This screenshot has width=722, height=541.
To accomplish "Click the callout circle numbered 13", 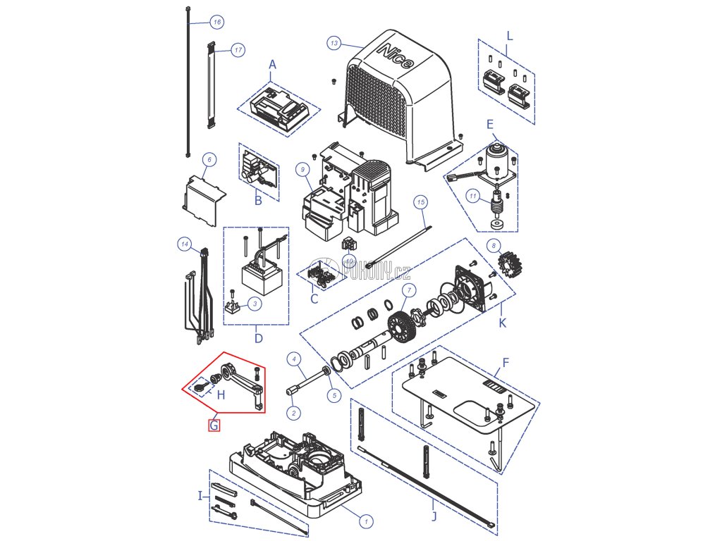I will tap(334, 44).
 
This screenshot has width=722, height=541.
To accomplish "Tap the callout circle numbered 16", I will tap(216, 23).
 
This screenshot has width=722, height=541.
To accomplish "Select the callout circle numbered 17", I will tap(238, 50).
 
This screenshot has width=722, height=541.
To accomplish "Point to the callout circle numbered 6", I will tap(208, 160).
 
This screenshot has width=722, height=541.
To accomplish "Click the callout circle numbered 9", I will tap(302, 169).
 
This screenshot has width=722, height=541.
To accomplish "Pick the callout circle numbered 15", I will tap(421, 202).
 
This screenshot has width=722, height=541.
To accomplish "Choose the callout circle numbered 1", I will tap(365, 521).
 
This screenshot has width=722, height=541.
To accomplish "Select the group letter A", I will tap(273, 65).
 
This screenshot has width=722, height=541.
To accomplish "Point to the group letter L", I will tap(510, 35).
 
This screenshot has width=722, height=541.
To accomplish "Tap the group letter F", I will tap(505, 364).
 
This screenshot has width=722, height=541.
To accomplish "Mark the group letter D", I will tap(259, 338).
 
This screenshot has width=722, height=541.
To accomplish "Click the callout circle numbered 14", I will tap(184, 245).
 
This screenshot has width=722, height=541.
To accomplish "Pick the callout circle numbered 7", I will tap(407, 291).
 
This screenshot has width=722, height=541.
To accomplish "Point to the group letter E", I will tap(489, 123).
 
